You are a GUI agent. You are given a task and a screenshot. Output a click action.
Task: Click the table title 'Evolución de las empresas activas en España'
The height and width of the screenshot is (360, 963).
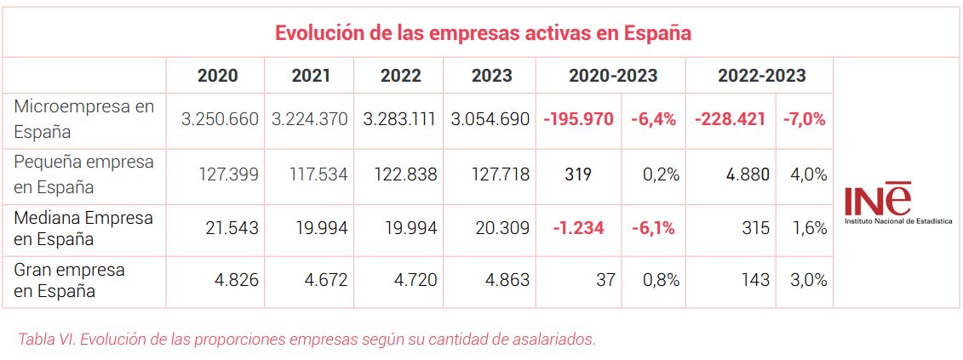pyautogui.click(x=482, y=34)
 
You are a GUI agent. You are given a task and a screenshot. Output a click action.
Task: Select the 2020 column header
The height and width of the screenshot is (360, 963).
pyautogui.click(x=217, y=76)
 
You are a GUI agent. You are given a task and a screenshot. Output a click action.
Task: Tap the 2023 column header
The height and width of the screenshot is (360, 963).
pyautogui.click(x=491, y=76)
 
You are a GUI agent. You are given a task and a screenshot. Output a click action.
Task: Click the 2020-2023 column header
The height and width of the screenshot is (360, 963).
pyautogui.click(x=613, y=76)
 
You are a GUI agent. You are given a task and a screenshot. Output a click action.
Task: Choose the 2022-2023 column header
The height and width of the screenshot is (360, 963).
pyautogui.click(x=761, y=76)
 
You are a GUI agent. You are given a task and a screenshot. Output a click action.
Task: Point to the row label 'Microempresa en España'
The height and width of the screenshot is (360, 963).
pyautogui.click(x=84, y=119)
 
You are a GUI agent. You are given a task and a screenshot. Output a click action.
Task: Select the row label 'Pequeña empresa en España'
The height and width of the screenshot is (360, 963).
pyautogui.click(x=84, y=174)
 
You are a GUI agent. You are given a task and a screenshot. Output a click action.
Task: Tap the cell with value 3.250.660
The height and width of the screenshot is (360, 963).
pyautogui.click(x=219, y=119)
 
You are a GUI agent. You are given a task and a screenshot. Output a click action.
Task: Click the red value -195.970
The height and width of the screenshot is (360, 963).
pyautogui.click(x=578, y=119)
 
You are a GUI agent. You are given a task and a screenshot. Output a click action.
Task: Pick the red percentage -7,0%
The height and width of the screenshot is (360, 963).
pyautogui.click(x=805, y=119)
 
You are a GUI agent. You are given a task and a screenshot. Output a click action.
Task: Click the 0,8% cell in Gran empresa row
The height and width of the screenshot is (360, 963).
pyautogui.click(x=660, y=280)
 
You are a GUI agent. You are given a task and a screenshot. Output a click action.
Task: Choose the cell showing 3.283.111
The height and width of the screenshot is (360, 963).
pyautogui.click(x=399, y=119)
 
